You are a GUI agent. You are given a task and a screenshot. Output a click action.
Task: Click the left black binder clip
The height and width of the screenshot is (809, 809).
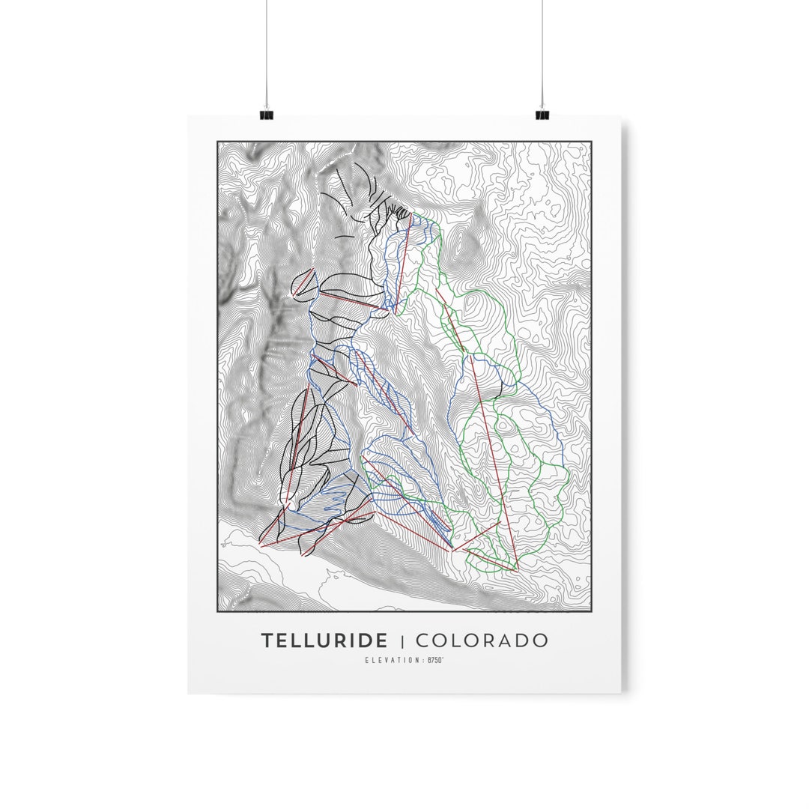266,115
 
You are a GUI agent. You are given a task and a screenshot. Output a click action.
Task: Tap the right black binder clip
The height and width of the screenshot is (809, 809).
542,115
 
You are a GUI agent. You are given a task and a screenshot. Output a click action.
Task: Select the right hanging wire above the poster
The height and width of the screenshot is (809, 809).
542,52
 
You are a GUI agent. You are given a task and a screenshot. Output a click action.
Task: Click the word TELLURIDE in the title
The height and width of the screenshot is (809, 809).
324,641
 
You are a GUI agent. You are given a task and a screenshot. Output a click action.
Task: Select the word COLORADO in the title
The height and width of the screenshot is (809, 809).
481,641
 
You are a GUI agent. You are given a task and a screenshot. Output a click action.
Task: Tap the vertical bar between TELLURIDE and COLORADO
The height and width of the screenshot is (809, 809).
402,641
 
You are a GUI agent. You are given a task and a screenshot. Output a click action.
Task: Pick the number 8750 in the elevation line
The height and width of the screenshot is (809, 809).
434,660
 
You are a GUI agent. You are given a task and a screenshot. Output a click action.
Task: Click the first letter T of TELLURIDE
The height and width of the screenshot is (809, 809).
267,641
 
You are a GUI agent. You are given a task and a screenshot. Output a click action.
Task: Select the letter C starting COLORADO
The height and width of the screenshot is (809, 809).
422,641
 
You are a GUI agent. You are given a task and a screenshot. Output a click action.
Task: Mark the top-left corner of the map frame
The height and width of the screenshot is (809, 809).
218,142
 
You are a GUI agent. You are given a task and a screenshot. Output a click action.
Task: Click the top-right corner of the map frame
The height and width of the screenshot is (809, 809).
590,142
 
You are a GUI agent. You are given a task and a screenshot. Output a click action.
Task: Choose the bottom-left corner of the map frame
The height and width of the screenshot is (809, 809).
218,610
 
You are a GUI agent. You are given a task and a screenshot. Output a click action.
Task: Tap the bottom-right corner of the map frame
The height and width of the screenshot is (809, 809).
590,610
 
